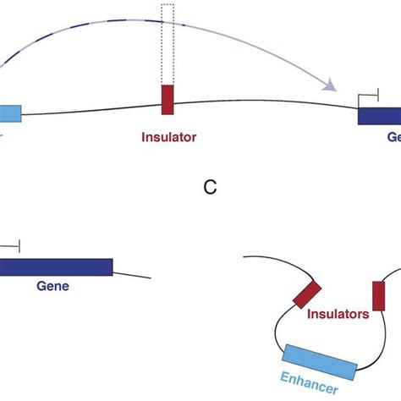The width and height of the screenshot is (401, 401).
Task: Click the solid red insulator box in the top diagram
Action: [167, 98]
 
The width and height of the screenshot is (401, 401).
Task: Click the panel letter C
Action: [211, 188]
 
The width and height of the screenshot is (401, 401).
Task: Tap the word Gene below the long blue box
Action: [52, 286]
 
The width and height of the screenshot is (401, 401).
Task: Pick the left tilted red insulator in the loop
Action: [306, 294]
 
